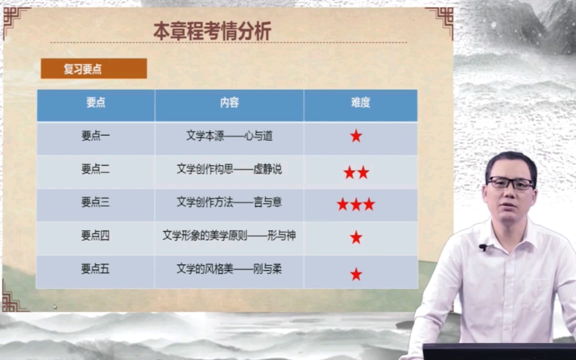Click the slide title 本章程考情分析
point(212,31)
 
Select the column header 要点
point(96,102)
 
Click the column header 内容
point(229,102)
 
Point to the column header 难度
point(360,102)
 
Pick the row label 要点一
point(96,136)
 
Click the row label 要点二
point(96,169)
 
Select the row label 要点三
point(96,202)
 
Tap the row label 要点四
point(96,235)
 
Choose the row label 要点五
point(96,269)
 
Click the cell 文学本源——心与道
point(229,136)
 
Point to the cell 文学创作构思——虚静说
point(229,169)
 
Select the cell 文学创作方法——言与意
point(229,202)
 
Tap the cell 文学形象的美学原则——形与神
point(229,235)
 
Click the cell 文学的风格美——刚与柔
point(229,269)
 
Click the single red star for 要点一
point(356,136)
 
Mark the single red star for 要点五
point(356,274)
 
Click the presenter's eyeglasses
point(510,183)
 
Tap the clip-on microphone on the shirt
point(483,248)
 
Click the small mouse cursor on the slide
point(55,307)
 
